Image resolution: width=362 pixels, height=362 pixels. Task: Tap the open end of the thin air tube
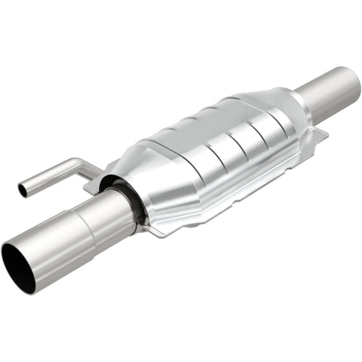pos(22,189)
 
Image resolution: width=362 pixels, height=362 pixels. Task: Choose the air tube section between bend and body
pos(87,167)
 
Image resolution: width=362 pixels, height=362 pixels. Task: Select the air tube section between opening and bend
pos(47,176)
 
